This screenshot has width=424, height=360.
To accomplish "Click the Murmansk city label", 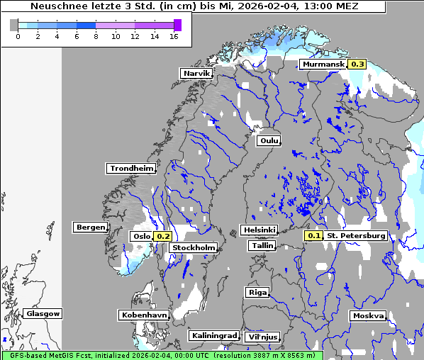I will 323,64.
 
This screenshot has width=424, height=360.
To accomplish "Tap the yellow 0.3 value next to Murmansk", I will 357,64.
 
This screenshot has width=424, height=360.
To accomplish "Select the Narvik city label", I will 196,74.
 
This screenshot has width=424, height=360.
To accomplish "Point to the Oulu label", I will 269,140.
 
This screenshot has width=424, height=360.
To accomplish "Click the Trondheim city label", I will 131,169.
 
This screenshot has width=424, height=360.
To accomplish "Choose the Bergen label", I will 89,227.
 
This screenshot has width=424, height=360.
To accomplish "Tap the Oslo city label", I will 141,236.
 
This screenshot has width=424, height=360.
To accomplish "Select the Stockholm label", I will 194,247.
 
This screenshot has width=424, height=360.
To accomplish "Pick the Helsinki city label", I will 259,230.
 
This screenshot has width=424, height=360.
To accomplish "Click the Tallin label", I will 262,245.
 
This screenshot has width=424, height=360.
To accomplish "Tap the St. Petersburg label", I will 356,235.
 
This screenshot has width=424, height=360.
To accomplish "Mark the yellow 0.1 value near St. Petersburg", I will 314,235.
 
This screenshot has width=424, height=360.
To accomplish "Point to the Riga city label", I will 257,292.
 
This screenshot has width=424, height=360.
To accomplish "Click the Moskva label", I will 368,316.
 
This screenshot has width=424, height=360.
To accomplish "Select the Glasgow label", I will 43,313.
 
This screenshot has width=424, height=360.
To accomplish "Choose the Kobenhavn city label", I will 144,315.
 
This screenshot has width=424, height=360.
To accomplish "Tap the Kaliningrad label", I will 213,335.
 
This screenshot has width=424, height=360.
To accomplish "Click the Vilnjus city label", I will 262,337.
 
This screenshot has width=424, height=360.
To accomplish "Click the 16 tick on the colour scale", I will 174,36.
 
